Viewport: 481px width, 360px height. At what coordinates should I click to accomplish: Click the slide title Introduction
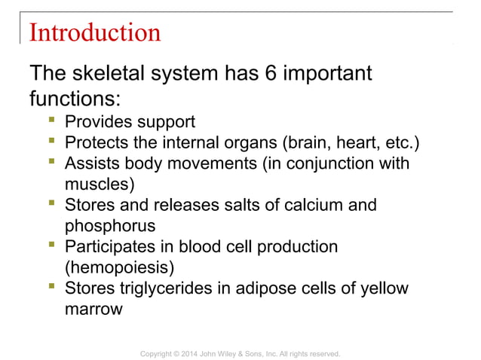click(94, 32)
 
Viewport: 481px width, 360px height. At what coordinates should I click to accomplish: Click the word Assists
click(93, 163)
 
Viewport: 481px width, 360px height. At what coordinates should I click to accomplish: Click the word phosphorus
click(111, 225)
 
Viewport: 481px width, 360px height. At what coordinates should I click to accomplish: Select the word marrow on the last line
click(93, 308)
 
